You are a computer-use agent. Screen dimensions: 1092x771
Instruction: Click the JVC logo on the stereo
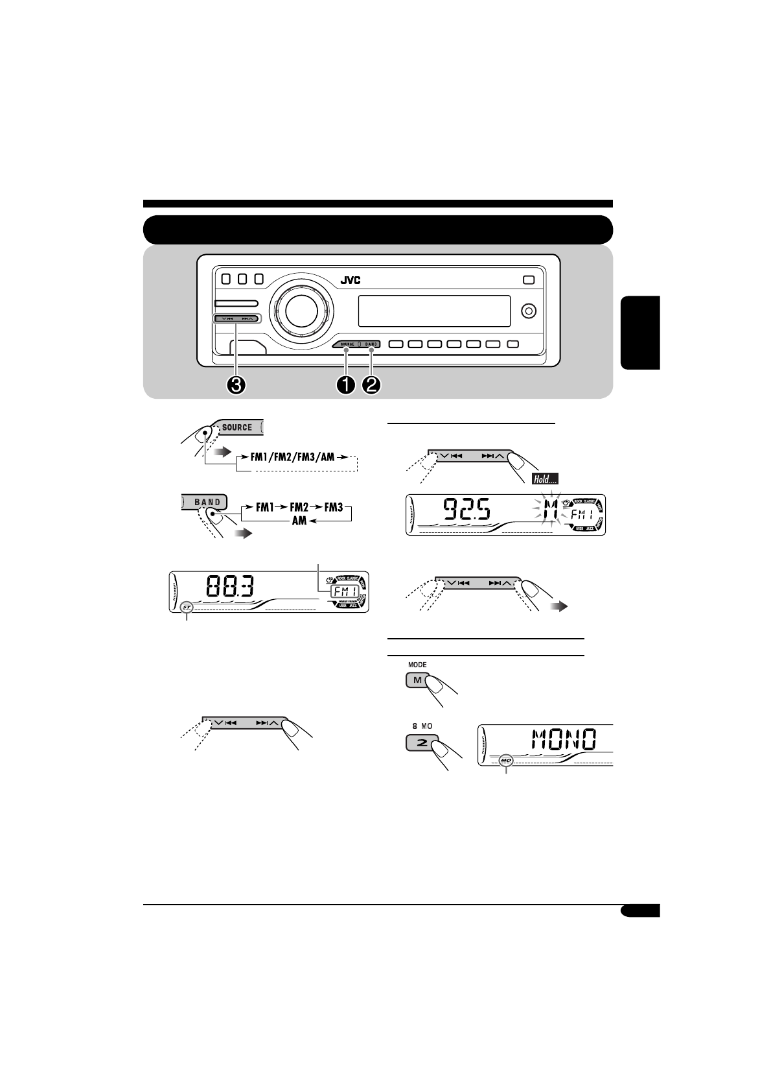[351, 280]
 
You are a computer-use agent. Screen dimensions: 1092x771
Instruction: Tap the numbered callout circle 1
[346, 385]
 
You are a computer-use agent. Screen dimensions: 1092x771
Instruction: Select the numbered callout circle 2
[372, 385]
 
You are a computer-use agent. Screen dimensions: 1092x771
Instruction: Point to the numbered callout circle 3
[236, 385]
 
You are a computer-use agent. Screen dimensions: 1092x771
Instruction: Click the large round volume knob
[297, 311]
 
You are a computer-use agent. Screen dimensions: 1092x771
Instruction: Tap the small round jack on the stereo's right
[529, 311]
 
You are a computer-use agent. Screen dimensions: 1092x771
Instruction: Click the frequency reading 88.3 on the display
[230, 589]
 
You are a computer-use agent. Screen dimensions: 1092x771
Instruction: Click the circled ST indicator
[187, 608]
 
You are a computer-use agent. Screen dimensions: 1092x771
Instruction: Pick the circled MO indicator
[506, 759]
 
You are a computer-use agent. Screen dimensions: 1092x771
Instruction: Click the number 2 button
[422, 742]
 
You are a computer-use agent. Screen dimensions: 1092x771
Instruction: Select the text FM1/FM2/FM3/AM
[292, 457]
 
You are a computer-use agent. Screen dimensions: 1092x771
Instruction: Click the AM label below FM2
[299, 521]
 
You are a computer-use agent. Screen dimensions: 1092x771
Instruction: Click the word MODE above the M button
[417, 665]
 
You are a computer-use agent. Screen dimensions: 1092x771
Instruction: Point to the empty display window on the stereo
[434, 311]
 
